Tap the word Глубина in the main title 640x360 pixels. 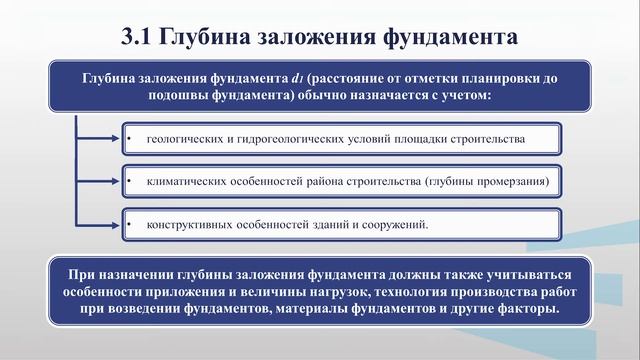(210, 39)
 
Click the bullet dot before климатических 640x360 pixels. (131, 181)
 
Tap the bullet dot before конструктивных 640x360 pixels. (131, 224)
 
